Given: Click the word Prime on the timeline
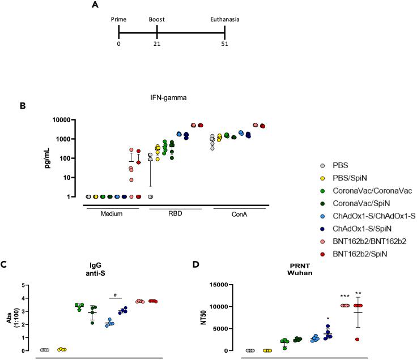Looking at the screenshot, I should pos(119,20).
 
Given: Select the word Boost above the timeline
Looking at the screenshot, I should pos(157,20).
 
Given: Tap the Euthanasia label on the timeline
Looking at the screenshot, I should pos(224,20).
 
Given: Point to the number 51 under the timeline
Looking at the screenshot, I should pos(224,44).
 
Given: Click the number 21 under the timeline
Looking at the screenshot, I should pos(157,44).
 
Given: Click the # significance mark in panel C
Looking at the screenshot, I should pos(116,295).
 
